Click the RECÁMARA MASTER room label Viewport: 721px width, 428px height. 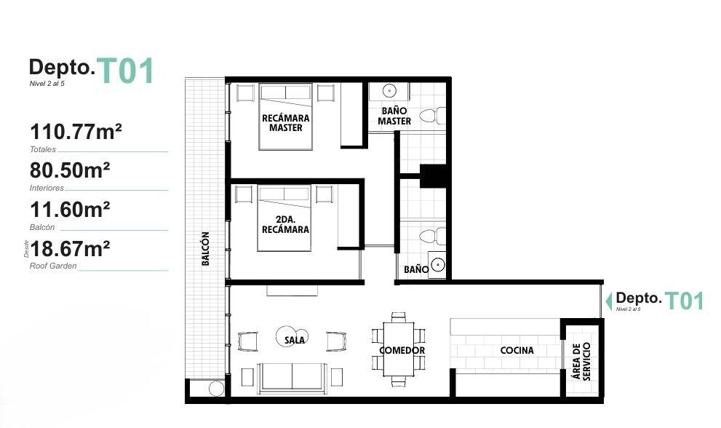tap(285, 123)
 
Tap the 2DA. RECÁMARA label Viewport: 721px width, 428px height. tap(285, 225)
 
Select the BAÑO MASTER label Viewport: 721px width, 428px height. tap(394, 116)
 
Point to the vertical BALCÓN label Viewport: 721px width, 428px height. tap(206, 248)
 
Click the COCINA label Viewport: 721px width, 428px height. tap(517, 350)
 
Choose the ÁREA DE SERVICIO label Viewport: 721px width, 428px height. tap(581, 361)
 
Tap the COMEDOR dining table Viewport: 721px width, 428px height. tap(399, 349)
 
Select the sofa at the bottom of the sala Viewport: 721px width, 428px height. tap(292, 378)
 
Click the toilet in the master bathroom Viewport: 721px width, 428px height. tap(432, 116)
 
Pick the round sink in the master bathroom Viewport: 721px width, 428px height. tap(389, 91)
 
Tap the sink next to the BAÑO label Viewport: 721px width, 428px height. tap(437, 265)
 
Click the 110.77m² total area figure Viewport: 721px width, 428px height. tap(76, 132)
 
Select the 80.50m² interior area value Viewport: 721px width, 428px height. tap(70, 170)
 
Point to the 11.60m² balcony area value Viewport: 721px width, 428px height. tap(70, 210)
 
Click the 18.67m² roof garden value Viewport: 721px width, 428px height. tap(70, 248)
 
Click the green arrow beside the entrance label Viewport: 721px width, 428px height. tap(609, 301)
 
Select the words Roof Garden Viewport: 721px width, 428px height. tap(53, 266)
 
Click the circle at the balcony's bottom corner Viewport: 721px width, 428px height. tap(216, 389)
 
